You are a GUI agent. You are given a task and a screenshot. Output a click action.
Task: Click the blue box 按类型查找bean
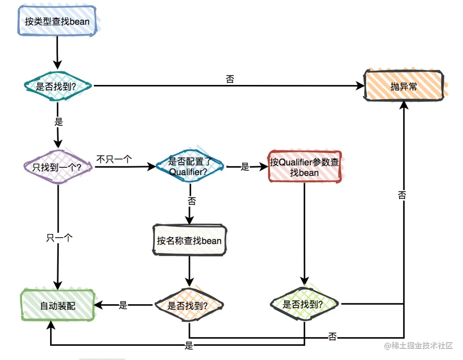[x=57, y=21]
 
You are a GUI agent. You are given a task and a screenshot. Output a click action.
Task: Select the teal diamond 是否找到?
[x=57, y=86]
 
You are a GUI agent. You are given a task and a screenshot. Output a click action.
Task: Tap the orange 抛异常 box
[x=404, y=86]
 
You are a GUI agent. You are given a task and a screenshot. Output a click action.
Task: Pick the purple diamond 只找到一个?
[x=58, y=167]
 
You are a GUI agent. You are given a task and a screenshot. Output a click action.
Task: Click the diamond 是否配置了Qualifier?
[x=189, y=166]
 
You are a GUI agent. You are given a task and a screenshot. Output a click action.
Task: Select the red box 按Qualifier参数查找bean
[x=304, y=167]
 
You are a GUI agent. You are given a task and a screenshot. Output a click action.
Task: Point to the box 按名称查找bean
[x=189, y=240]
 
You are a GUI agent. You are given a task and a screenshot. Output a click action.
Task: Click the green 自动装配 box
[x=58, y=305]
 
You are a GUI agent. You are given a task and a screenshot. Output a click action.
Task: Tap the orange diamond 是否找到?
[x=189, y=305]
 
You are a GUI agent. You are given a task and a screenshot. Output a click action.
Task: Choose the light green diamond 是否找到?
[x=304, y=304]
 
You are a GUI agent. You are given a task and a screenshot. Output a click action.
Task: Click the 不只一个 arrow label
[x=114, y=159]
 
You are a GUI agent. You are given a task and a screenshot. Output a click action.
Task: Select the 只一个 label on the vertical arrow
[x=59, y=238]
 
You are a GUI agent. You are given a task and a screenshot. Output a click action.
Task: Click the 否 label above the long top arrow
[x=230, y=79]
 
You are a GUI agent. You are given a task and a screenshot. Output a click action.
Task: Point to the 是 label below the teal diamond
[x=58, y=121]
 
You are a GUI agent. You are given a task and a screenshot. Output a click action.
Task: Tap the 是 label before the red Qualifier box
[x=245, y=167]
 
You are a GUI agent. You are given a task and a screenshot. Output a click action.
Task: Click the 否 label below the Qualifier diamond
[x=192, y=201]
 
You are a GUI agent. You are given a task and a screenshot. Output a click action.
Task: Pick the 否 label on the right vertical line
[x=402, y=195]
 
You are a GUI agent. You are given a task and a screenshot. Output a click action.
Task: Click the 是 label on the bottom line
[x=189, y=345]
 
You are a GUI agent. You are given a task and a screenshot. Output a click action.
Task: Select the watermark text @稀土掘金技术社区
[x=418, y=345]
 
